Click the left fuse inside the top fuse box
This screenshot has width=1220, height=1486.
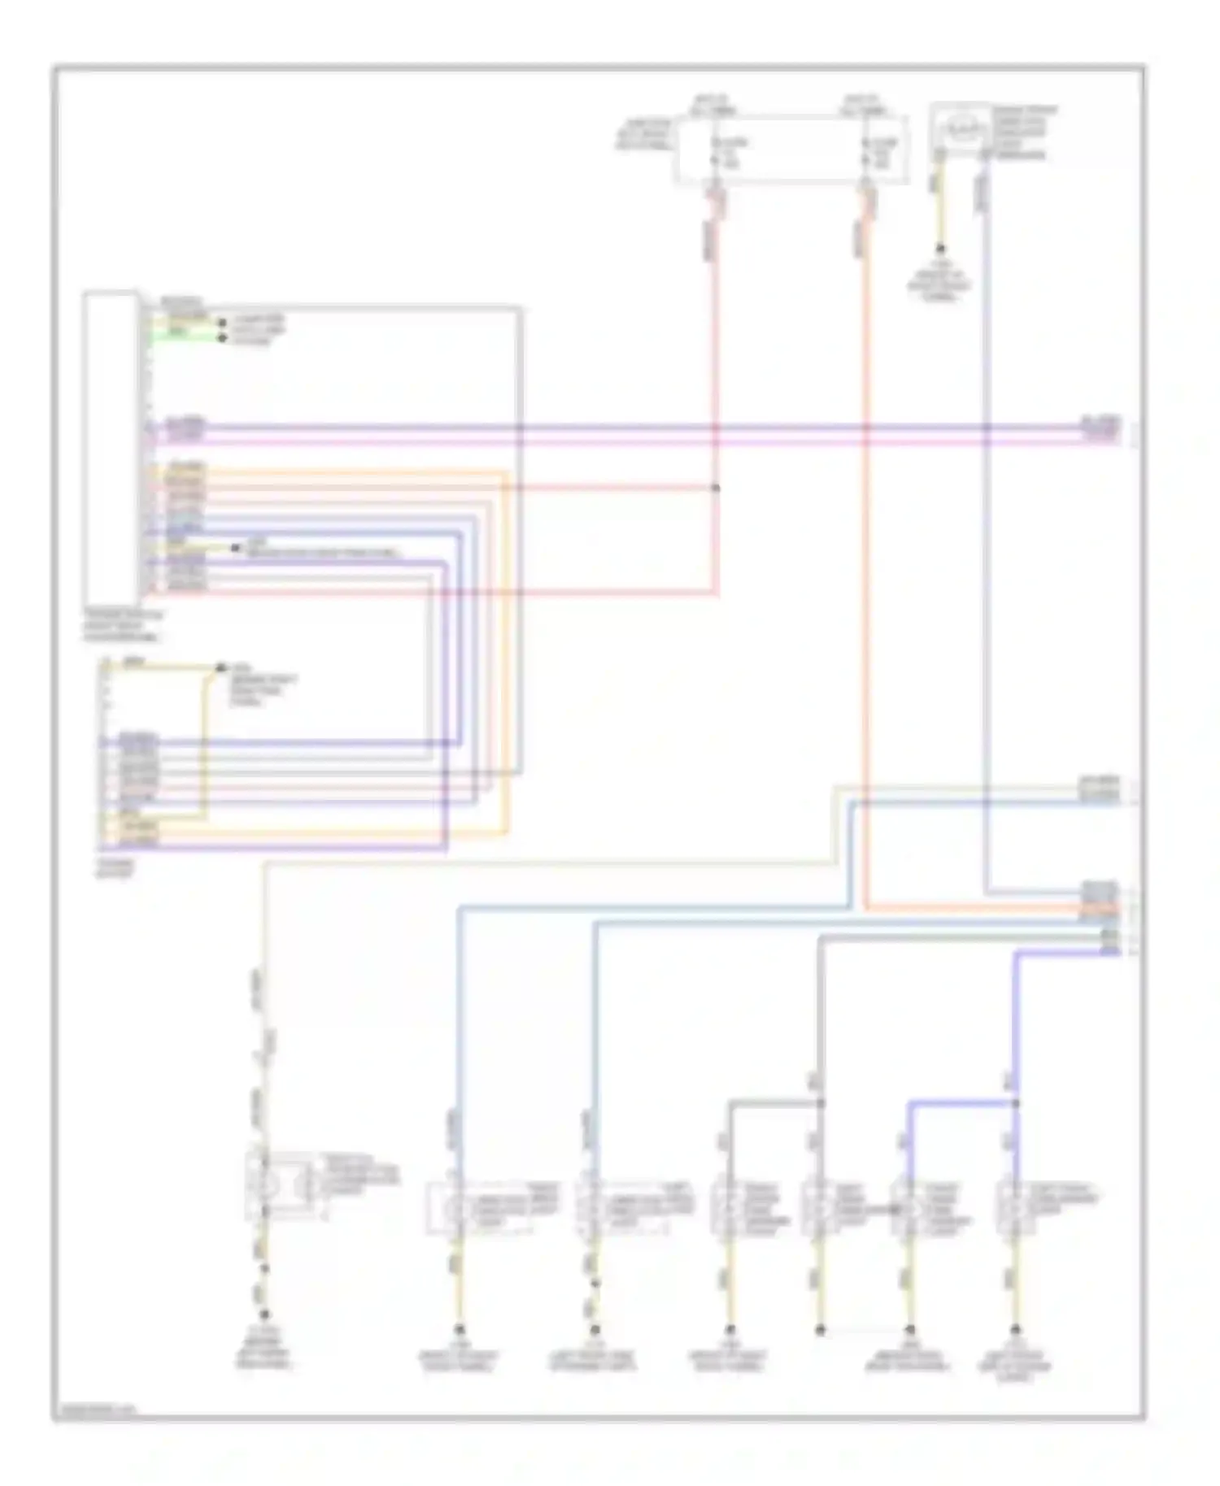716,153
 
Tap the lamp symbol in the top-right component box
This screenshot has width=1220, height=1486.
962,128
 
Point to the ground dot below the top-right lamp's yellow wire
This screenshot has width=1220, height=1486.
940,248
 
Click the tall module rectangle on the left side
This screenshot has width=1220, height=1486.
111,448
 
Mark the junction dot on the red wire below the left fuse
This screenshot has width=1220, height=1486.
716,488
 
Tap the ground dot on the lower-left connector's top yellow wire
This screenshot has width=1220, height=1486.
219,668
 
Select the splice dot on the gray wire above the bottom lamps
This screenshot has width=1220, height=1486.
820,1103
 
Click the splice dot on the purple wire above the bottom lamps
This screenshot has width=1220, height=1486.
1015,1103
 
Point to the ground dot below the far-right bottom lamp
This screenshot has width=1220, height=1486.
1015,1330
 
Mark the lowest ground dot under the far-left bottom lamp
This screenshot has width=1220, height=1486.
264,1314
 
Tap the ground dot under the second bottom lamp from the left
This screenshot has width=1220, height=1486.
460,1330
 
